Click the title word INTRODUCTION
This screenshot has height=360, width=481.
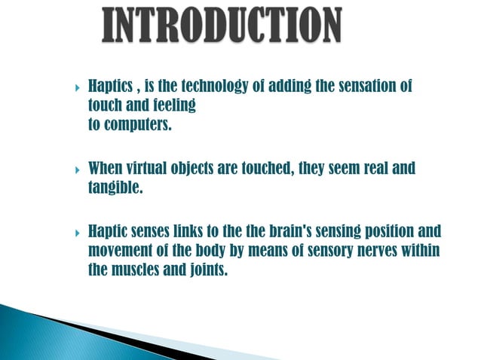coord(221,25)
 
